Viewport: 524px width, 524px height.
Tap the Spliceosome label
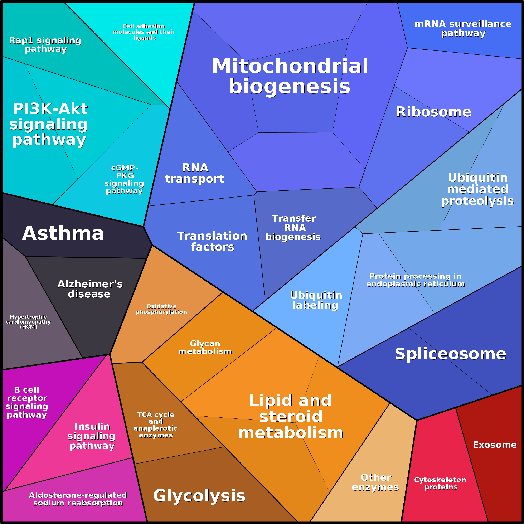(450, 354)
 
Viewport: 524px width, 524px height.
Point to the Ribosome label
(433, 112)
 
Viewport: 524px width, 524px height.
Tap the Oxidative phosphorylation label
(161, 309)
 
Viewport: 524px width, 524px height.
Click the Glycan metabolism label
(205, 348)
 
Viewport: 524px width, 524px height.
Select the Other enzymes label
(375, 482)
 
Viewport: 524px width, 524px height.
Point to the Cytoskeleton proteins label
(440, 483)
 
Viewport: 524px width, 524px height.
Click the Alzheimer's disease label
(90, 289)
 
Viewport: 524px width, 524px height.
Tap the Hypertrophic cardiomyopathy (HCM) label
(28, 322)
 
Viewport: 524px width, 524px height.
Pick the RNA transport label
(195, 173)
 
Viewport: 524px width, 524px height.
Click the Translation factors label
(212, 241)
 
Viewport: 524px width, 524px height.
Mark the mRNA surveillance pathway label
(463, 29)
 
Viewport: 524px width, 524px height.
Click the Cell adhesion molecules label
(144, 32)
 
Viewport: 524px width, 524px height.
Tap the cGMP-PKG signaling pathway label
(124, 179)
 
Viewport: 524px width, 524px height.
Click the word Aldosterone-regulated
(78, 495)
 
